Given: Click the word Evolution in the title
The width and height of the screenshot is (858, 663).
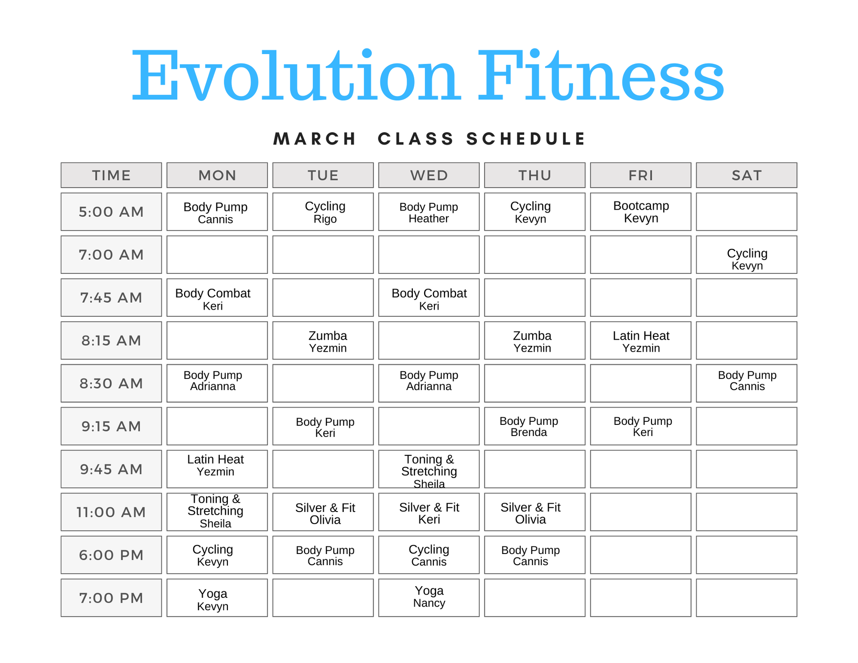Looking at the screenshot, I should pos(295,76).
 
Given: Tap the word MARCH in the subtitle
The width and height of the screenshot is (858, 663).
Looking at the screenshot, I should pos(315,139).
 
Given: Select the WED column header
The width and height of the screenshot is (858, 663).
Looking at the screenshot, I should pos(429,175).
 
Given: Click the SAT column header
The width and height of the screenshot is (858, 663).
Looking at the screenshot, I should pos(746,175).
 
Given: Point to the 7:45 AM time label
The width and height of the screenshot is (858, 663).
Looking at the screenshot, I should pos(111,298).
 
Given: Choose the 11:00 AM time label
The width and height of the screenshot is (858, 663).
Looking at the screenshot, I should pos(111,512).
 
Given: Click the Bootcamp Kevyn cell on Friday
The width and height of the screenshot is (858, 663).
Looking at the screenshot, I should pos(641,212).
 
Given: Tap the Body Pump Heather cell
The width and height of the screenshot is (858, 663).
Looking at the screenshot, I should pos(429,212).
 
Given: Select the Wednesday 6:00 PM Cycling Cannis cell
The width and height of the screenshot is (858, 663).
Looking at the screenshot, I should pos(429,555).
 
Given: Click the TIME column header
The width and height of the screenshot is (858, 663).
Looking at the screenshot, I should pos(111,175).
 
